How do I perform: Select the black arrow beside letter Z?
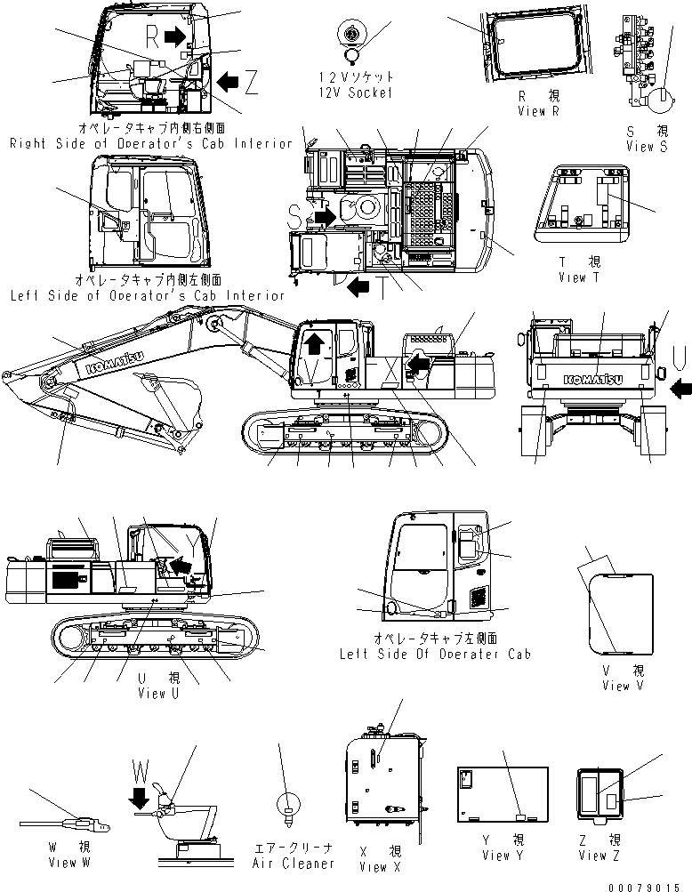click(x=229, y=82)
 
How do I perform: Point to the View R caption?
click(x=538, y=111)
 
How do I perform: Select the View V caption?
click(x=627, y=685)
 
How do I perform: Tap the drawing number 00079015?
click(x=650, y=885)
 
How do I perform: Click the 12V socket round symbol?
click(x=353, y=35)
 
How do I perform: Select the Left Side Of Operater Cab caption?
click(x=435, y=654)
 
